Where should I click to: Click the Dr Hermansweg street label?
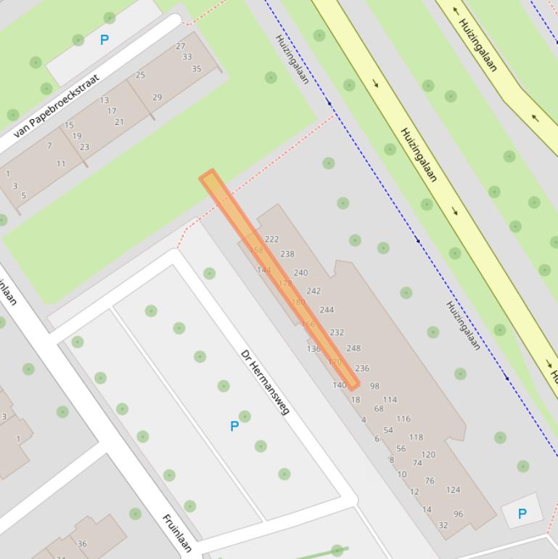(x=265, y=383)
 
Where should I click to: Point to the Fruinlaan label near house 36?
(x=177, y=533)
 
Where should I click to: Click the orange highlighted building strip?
(x=279, y=279)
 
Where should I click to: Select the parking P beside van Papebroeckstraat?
(x=104, y=40)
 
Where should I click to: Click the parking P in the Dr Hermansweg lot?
(x=234, y=426)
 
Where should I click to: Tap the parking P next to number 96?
(x=522, y=514)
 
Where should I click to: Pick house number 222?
(x=271, y=239)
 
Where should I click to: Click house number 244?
(x=327, y=309)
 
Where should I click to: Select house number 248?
(x=353, y=348)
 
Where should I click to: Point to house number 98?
(x=374, y=386)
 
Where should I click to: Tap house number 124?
(x=453, y=490)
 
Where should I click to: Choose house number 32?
(x=443, y=526)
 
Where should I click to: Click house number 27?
(x=181, y=46)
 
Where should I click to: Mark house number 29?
(x=157, y=97)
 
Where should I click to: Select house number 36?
(x=82, y=544)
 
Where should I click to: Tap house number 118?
(x=416, y=437)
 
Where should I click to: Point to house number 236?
(x=362, y=369)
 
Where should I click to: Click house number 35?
(x=196, y=69)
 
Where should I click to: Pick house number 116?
(x=403, y=419)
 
